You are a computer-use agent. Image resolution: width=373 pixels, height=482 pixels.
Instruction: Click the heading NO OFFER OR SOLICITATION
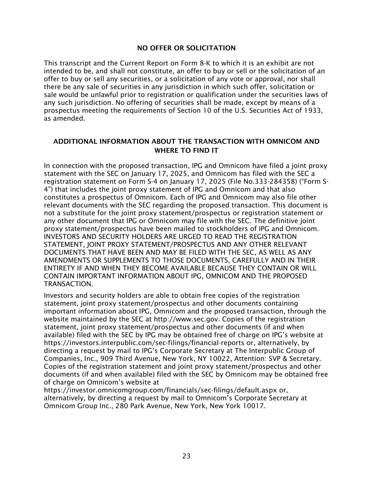click(x=186, y=48)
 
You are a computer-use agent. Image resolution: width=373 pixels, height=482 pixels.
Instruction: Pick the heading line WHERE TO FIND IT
click(x=186, y=151)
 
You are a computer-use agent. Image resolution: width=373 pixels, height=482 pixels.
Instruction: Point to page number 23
click(x=186, y=456)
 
